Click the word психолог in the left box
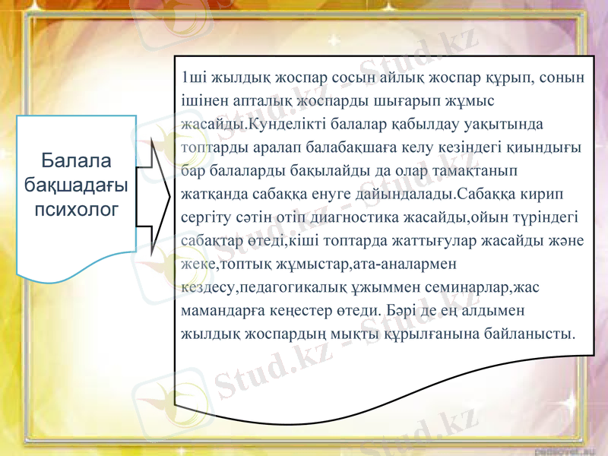click(x=76, y=206)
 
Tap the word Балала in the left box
click(x=76, y=160)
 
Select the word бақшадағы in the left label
click(x=76, y=183)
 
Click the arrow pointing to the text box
click(x=156, y=195)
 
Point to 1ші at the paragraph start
click(x=192, y=77)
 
